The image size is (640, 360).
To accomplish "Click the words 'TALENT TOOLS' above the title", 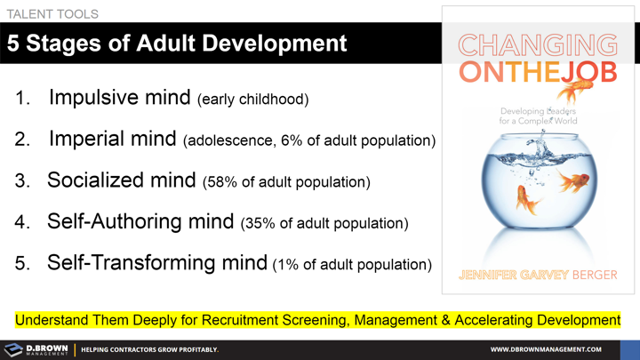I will pos(52,14).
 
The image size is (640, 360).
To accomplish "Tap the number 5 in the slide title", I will pos(13,43).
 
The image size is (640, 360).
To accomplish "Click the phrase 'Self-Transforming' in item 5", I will pos(156,262).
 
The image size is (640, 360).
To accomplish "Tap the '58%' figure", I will pos(223,182).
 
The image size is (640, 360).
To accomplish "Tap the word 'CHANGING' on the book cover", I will pos(538,45).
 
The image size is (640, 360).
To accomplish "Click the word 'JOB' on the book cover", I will pos(590,72).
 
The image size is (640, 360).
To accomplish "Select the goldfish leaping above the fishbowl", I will pos(576,90).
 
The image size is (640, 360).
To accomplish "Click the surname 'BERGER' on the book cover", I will pos(595,275).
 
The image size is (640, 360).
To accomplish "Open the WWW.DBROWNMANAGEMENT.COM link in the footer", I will pos(546,349).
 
